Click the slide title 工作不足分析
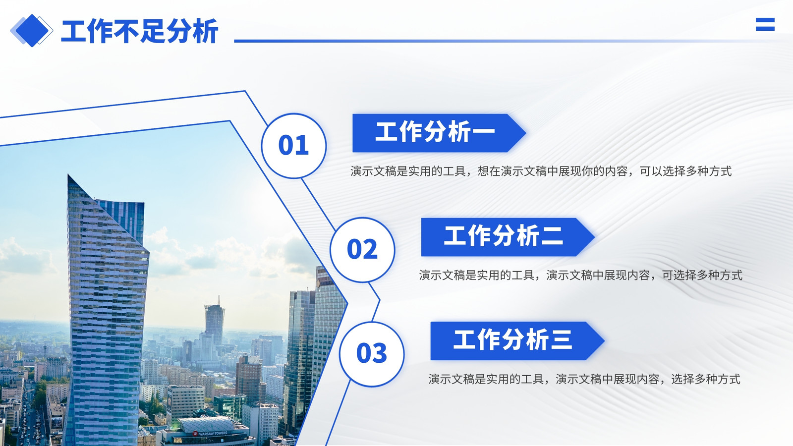coord(139,31)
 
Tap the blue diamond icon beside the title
coord(32,30)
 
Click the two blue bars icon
coord(765,24)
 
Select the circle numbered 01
coord(294,146)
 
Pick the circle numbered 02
coord(362,250)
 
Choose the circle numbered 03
coord(372,354)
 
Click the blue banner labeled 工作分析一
coord(439,133)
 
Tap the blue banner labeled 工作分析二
coord(508,237)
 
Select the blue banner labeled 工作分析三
coord(517,341)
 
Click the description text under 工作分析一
coord(541,171)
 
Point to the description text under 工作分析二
coord(580,275)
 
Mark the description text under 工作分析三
coord(584,379)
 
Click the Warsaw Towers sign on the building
coord(211,433)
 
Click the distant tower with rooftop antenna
coord(215,320)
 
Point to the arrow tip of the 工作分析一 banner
coord(526,133)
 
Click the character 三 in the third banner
coord(561,340)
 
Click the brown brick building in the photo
coord(250,378)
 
